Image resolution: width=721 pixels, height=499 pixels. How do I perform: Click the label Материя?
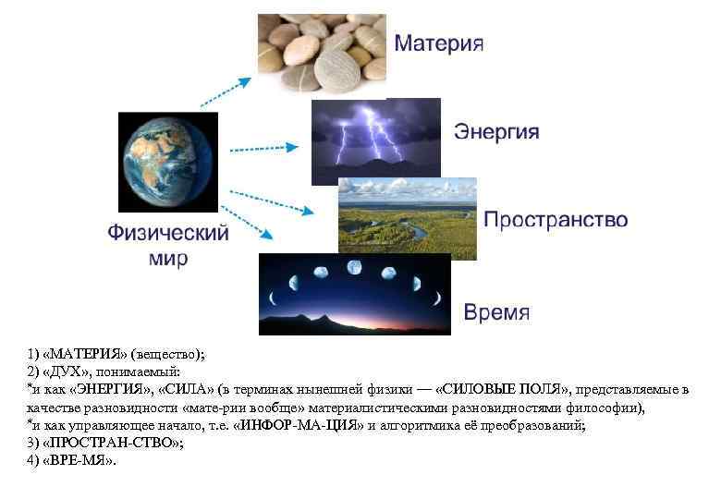[x=440, y=44]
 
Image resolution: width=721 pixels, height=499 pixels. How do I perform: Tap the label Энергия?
[x=495, y=131]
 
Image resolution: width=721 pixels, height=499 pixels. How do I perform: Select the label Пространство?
[x=556, y=220]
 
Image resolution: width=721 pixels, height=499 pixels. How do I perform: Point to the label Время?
[x=496, y=311]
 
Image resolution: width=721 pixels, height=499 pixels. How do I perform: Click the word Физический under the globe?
[x=168, y=233]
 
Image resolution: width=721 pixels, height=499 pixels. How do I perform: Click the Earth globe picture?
[x=168, y=162]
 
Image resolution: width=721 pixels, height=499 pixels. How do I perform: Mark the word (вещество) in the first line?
[x=165, y=354]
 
